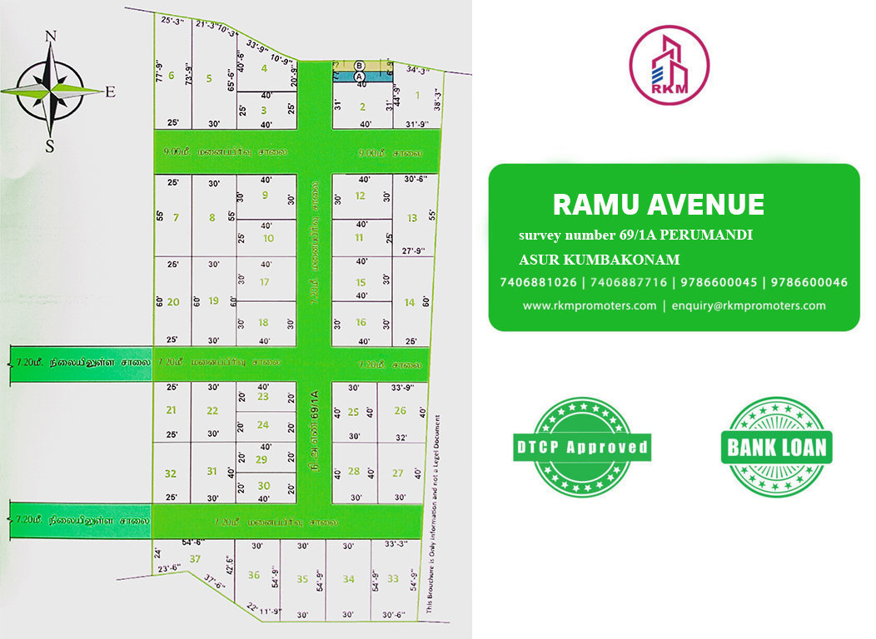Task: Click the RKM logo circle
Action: click(669, 64)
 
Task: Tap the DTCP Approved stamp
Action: click(581, 447)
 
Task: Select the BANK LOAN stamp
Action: click(776, 448)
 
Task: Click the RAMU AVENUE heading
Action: click(658, 204)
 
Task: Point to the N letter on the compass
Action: click(50, 36)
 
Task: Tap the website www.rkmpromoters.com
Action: click(590, 305)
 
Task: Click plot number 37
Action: click(196, 558)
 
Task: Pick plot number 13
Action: click(411, 218)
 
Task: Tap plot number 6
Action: click(172, 76)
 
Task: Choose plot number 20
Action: click(173, 301)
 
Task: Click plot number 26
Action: click(400, 410)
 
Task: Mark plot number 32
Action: click(171, 473)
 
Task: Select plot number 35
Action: click(302, 578)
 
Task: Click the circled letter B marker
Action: click(360, 65)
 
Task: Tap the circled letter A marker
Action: click(360, 76)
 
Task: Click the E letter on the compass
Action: click(110, 92)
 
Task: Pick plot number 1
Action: click(417, 95)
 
